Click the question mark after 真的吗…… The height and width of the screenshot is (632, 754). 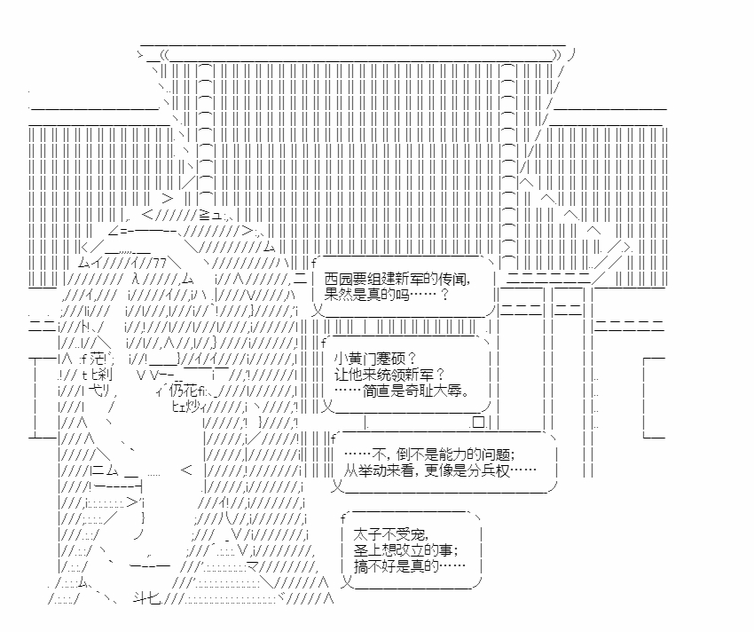click(x=444, y=294)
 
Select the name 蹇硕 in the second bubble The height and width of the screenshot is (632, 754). click(x=393, y=359)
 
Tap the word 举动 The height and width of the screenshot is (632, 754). click(x=375, y=470)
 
